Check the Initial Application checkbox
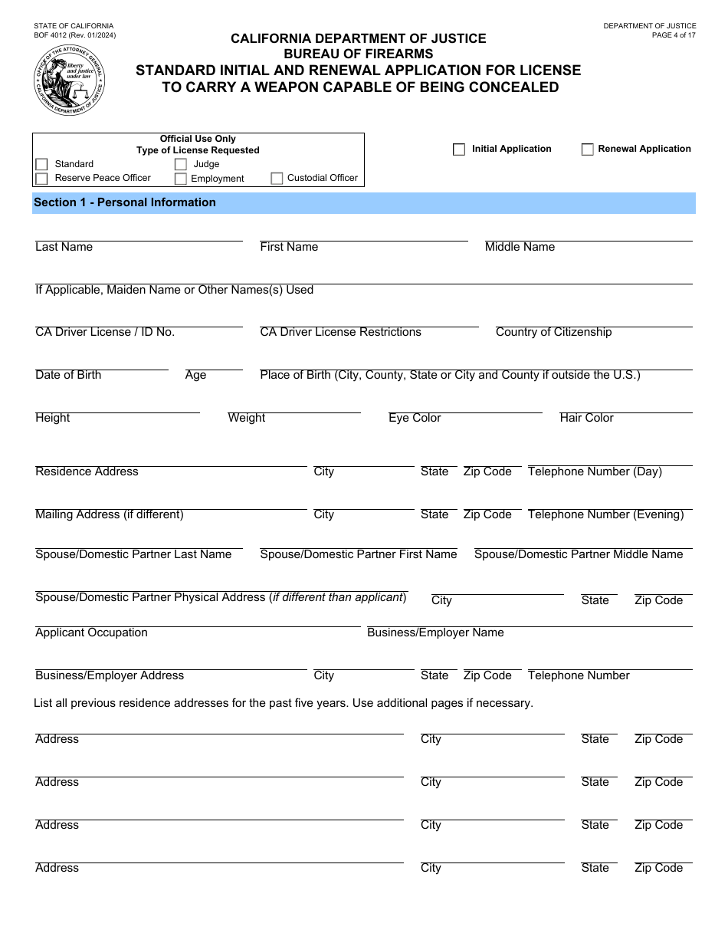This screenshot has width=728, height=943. point(459,149)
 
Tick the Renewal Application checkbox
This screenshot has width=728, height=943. point(588,149)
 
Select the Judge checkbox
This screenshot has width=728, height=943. point(181,164)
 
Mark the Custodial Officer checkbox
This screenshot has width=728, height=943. point(277,179)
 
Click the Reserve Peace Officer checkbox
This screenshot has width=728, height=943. point(41,179)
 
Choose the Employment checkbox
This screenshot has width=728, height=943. point(181,179)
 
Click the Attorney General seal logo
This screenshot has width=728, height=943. point(70,80)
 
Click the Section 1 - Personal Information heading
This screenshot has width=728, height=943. point(125,202)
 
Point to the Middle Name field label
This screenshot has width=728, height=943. point(520,247)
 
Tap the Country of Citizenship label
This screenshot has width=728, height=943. point(553,332)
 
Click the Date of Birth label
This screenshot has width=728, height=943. point(68,375)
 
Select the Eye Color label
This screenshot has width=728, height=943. point(415,418)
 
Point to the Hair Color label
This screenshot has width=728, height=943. point(586,418)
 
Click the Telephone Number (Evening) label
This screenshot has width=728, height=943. point(605,514)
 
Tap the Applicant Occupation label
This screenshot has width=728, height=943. point(91,632)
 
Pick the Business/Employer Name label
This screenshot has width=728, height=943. point(435,632)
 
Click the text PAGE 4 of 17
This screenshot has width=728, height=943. point(674,35)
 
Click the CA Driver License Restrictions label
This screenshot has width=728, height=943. point(340,332)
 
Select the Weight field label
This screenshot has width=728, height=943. point(246,418)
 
